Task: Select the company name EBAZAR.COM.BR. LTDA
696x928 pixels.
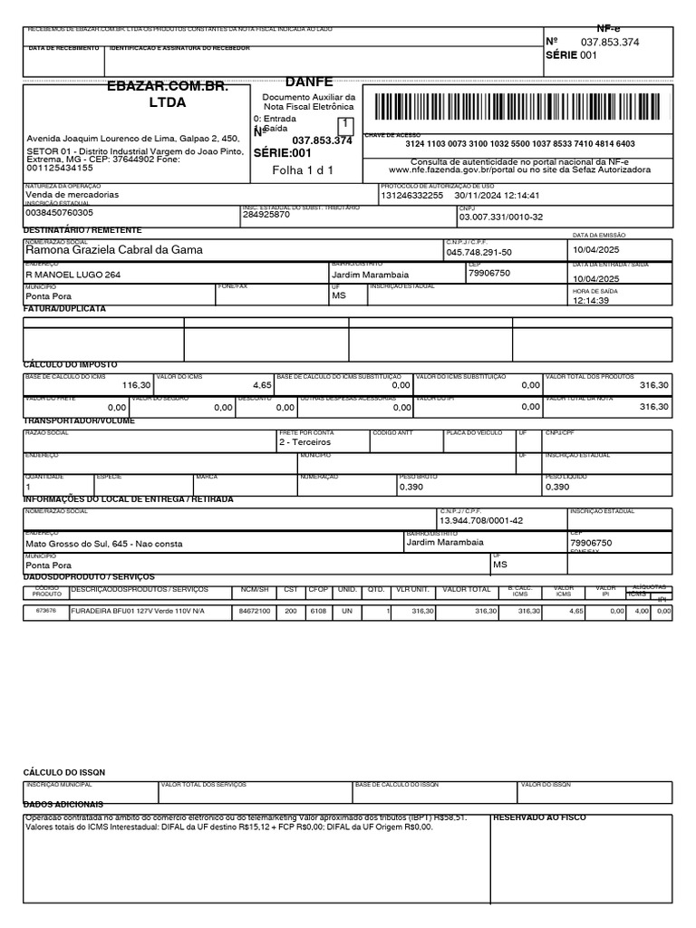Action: [x=167, y=93]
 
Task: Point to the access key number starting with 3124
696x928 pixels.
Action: [x=520, y=144]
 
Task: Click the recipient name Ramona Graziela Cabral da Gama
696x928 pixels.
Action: [x=114, y=250]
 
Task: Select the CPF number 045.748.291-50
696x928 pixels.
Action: [x=478, y=253]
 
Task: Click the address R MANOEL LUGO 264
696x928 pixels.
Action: [x=72, y=274]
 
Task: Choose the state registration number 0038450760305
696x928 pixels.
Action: [x=59, y=212]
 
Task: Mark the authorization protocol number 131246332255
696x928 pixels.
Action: [x=412, y=195]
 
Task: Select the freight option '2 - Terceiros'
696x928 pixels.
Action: [x=305, y=441]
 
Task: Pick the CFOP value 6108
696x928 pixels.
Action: [x=318, y=612]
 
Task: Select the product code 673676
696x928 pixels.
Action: [x=45, y=612]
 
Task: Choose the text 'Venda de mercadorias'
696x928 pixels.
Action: [x=72, y=195]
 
